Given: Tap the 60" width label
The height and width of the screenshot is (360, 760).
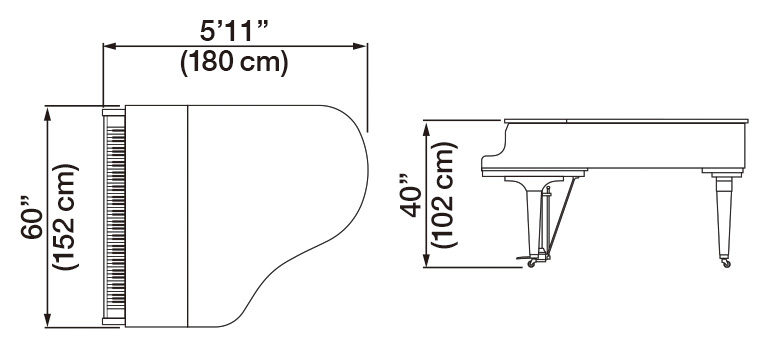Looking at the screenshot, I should tap(29, 217).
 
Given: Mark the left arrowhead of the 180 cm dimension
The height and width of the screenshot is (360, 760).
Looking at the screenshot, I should tap(109, 44).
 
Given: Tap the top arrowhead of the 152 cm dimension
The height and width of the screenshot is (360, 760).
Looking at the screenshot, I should tap(47, 109).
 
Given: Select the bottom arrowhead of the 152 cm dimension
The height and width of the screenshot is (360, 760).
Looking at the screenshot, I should tap(47, 323).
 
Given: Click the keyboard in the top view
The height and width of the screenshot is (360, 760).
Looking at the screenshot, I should tap(113, 215).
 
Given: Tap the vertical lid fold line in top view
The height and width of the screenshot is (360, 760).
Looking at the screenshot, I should tap(187, 215).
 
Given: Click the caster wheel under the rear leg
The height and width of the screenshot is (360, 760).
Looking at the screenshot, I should tap(725, 263).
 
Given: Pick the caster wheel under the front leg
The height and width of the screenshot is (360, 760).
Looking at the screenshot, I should tap(530, 264).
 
